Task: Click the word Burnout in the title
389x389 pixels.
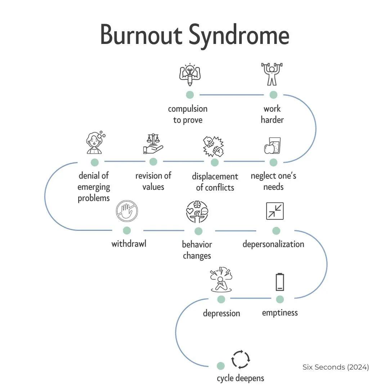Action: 141,35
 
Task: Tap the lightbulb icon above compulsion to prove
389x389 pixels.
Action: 190,75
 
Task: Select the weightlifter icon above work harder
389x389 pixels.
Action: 272,74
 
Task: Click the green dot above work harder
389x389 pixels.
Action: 273,95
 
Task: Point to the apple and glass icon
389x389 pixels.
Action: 272,146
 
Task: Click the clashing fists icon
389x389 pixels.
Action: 214,146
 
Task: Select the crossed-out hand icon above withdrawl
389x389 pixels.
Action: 127,211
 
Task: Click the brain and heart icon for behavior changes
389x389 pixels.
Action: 197,212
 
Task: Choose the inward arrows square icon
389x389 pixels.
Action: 275,211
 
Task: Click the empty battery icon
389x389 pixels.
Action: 280,282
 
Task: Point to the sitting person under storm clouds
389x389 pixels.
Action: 221,280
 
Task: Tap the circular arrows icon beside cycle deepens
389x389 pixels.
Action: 240,359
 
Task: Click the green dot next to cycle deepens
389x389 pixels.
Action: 220,366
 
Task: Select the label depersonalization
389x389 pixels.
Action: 273,244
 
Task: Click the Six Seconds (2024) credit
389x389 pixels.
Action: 336,367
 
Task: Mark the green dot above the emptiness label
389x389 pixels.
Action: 280,299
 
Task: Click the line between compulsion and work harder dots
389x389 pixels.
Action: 232,95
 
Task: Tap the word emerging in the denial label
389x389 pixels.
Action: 94,187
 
